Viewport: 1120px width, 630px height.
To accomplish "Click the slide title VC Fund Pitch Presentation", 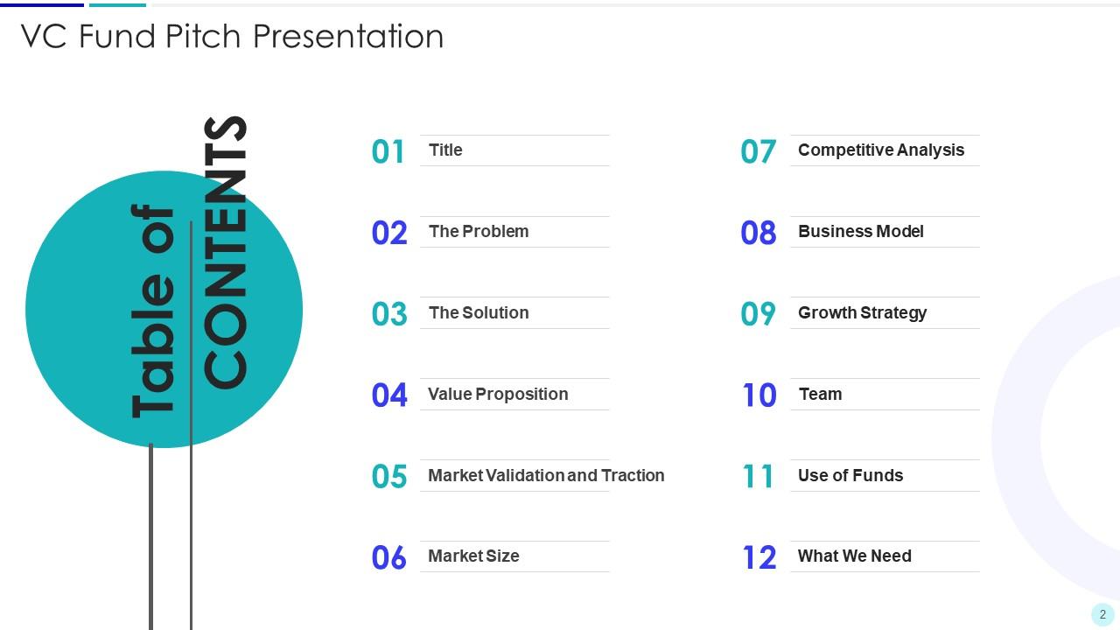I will coord(232,37).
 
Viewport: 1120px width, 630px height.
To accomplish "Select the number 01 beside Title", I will coord(388,151).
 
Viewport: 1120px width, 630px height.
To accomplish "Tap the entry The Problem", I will coord(479,232).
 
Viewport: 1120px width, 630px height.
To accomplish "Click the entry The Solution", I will coord(479,313).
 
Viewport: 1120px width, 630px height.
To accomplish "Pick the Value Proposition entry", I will coord(498,395).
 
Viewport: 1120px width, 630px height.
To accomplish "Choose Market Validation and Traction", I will coord(546,476).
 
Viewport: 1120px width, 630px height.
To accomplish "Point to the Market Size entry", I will coord(473,556).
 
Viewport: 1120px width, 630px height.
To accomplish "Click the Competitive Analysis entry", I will coord(880,150).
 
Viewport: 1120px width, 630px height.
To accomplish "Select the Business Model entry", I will coord(860,232).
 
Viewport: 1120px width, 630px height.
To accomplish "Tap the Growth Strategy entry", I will coord(862,313).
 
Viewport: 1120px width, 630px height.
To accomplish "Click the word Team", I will coord(820,395).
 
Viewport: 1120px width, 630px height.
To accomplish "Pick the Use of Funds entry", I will coord(850,476).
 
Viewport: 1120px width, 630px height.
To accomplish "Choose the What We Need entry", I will coord(854,556).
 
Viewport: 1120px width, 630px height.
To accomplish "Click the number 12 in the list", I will coord(759,557).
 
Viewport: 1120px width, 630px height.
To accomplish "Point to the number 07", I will coord(758,151).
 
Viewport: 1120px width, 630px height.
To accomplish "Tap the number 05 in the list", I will coord(388,477).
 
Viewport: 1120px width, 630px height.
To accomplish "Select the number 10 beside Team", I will coord(759,395).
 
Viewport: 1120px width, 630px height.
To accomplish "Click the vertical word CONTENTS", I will coord(226,252).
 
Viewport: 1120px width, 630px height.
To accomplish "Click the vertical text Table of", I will coord(154,311).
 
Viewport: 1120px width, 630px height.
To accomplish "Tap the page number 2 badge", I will coord(1102,614).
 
